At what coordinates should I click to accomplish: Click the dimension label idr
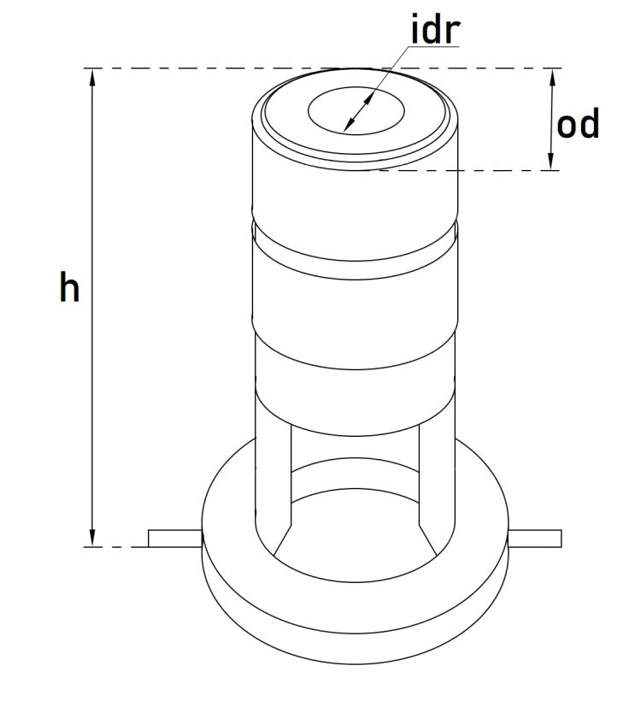(436, 29)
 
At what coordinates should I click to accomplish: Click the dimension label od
(578, 125)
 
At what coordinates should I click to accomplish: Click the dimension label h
(69, 289)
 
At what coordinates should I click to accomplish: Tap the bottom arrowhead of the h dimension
(92, 538)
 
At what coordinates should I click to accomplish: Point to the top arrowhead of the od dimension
(552, 77)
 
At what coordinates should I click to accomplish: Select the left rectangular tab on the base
(174, 538)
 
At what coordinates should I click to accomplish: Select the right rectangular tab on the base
(536, 538)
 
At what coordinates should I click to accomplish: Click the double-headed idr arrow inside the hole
(360, 111)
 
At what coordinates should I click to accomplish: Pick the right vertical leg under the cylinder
(437, 479)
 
